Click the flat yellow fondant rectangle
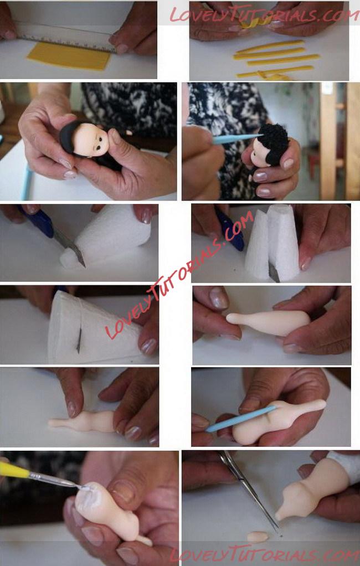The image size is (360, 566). pos(69,56)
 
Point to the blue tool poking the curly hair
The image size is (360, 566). pos(236,138)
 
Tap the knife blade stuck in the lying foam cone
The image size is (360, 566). pos(79,341)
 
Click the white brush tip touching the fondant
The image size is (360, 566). pos(85,488)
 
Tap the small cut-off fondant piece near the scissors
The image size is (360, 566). pos(258,536)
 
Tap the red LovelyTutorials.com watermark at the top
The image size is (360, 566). pos(264,14)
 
